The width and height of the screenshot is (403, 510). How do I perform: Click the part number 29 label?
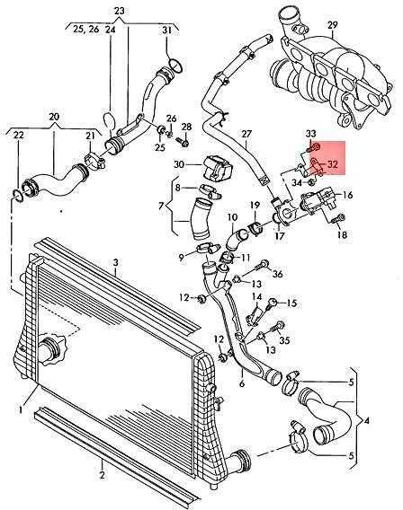tap(332, 25)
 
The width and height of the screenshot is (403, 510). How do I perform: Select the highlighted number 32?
tap(333, 164)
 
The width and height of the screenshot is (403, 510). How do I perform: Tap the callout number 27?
tap(246, 134)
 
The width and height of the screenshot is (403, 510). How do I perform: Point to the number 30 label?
tap(179, 164)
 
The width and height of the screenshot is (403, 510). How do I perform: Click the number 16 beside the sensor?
tap(348, 195)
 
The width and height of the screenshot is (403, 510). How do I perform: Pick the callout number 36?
tap(277, 274)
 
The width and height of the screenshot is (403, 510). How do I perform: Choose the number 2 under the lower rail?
tap(102, 475)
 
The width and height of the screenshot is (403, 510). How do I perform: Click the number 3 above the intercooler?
tap(116, 262)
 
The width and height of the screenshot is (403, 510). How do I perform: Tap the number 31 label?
tap(166, 31)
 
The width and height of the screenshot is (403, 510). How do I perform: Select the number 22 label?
tap(19, 135)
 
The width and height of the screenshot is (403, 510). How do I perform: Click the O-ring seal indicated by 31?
tap(175, 65)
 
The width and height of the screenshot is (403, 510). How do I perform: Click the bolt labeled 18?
tap(337, 218)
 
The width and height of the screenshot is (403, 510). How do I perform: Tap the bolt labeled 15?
tap(272, 304)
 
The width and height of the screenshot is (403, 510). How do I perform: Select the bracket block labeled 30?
tap(218, 168)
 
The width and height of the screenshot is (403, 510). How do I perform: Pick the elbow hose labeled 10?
tap(237, 240)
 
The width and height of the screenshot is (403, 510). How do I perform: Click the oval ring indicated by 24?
tap(110, 121)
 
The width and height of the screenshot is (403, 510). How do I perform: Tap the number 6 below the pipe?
tap(241, 383)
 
